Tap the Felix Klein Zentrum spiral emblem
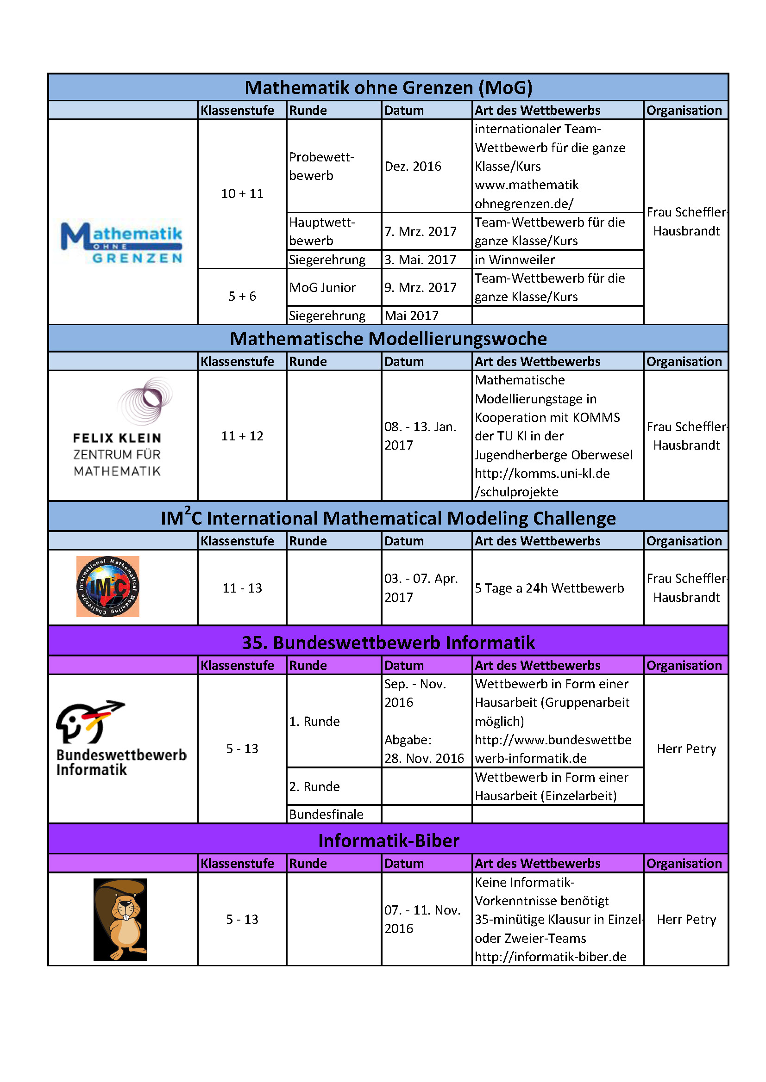pyautogui.click(x=145, y=401)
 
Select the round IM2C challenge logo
pyautogui.click(x=108, y=586)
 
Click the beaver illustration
pyautogui.click(x=120, y=919)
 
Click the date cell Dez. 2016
pyautogui.click(x=413, y=167)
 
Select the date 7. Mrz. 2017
pyautogui.click(x=420, y=231)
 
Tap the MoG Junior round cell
pyautogui.click(x=322, y=287)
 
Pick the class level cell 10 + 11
pyautogui.click(x=242, y=194)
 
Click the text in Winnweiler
pyautogui.click(x=515, y=260)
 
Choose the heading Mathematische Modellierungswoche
pyautogui.click(x=388, y=339)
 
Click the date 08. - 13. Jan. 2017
pyautogui.click(x=420, y=436)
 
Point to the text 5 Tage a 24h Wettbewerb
pyautogui.click(x=549, y=588)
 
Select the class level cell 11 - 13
pyautogui.click(x=242, y=588)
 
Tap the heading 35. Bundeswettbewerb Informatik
pyautogui.click(x=388, y=643)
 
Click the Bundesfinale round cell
pyautogui.click(x=326, y=814)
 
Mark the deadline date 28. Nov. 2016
pyautogui.click(x=424, y=758)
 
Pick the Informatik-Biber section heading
pyautogui.click(x=388, y=841)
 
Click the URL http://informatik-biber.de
pyautogui.click(x=551, y=957)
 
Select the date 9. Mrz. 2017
pyautogui.click(x=420, y=287)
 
